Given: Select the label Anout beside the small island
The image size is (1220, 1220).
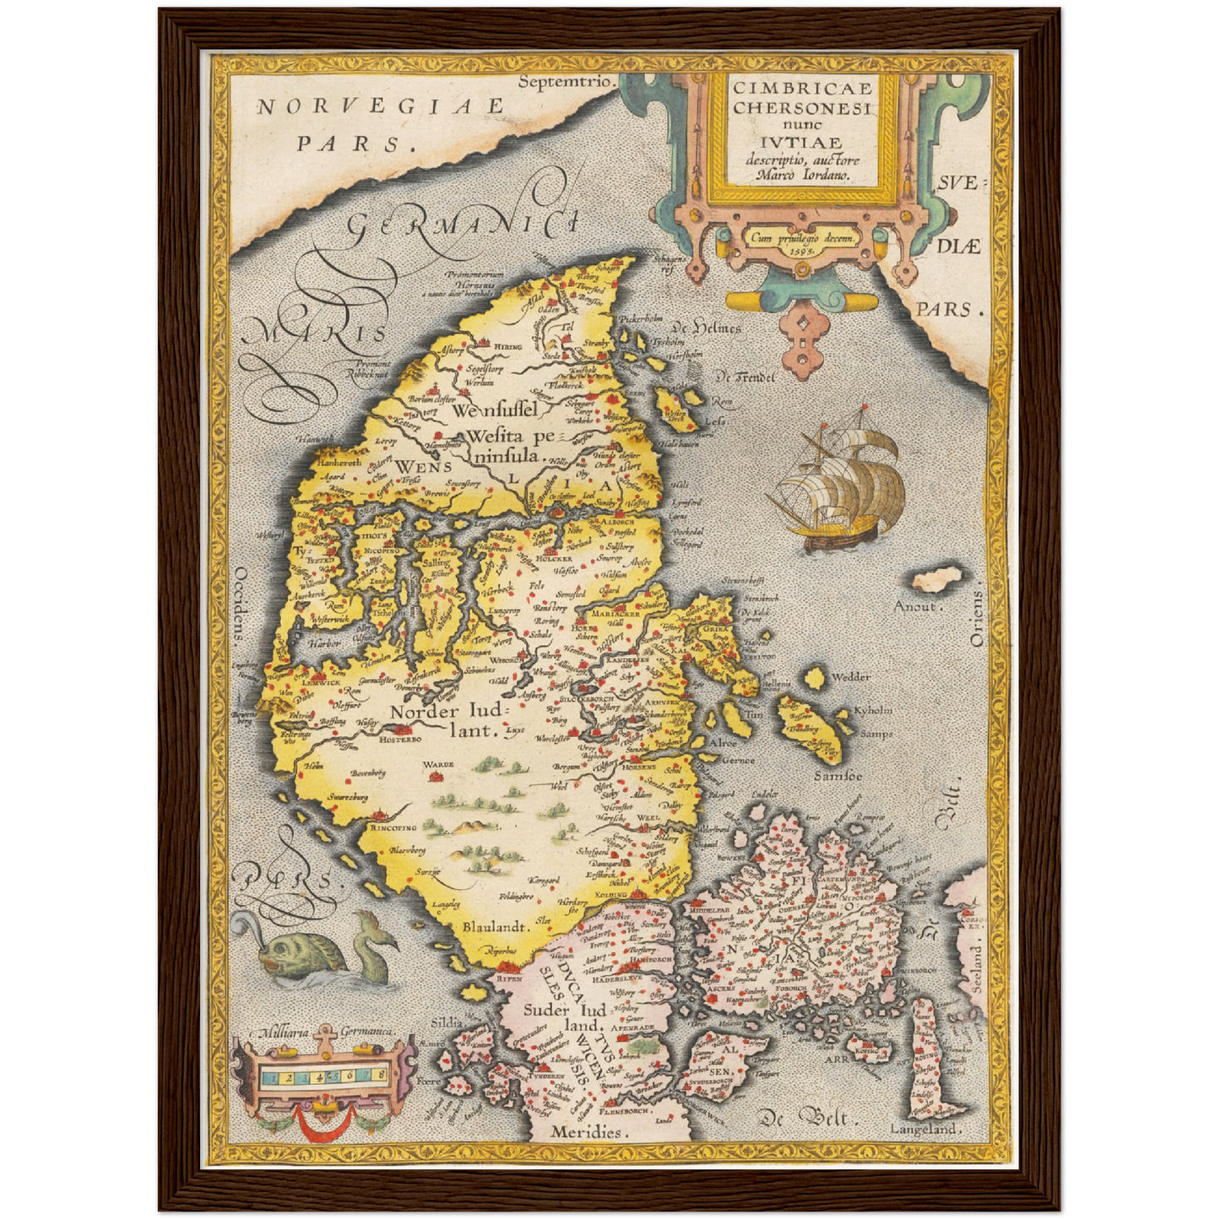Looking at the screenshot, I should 915,605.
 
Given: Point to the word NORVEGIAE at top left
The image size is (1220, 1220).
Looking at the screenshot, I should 381,107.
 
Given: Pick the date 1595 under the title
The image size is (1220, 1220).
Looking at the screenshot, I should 800,250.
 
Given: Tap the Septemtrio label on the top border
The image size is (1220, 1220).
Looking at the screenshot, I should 564,82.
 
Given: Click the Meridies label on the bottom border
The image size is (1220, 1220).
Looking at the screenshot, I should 586,1132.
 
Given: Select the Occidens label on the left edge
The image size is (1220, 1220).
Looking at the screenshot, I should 239,604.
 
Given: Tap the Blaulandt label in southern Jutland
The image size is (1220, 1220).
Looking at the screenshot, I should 495,926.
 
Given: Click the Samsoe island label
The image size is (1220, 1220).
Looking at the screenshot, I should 838,774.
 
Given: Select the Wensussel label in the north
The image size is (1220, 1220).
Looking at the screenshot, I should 495,411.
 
